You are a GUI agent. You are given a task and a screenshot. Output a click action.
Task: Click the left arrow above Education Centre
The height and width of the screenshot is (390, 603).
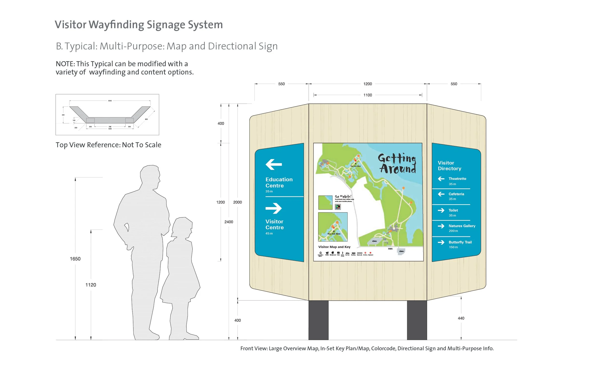point(274,164)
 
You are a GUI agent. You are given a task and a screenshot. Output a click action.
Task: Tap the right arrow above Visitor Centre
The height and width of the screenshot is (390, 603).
point(273,208)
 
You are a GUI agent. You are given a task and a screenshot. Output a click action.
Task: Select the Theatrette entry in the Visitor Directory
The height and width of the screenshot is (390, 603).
point(457,179)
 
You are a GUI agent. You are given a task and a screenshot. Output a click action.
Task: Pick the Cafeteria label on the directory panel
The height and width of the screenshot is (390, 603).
point(456,194)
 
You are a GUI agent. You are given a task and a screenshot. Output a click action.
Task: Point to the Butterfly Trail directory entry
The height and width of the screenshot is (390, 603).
point(460,242)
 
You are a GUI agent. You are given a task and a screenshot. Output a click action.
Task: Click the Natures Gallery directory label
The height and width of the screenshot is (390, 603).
point(462,226)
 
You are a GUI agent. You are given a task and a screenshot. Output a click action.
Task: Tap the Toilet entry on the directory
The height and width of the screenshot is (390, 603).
point(453,210)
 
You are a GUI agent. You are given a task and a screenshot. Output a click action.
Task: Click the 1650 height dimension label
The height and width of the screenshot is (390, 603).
point(75,259)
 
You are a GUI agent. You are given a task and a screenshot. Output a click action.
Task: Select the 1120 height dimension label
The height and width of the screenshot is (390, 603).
point(91,285)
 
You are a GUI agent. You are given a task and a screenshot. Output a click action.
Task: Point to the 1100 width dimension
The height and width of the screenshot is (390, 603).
point(367,95)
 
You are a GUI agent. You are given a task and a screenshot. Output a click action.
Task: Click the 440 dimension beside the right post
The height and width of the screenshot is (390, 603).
point(461,318)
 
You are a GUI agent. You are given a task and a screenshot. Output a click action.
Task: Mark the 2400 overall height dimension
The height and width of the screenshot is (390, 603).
point(228,222)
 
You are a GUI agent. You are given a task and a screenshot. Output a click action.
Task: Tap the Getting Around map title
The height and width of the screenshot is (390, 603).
point(397,164)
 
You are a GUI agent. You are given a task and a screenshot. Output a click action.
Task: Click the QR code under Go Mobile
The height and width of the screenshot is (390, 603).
point(338,207)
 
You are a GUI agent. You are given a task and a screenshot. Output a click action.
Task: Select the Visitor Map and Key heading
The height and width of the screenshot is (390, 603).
point(334,247)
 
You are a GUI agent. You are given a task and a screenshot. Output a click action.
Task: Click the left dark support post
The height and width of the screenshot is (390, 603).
point(318,320)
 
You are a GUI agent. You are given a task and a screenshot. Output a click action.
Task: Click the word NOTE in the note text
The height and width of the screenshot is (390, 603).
point(65,64)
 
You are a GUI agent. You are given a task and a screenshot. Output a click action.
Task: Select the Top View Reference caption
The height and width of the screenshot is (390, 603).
point(109,145)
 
